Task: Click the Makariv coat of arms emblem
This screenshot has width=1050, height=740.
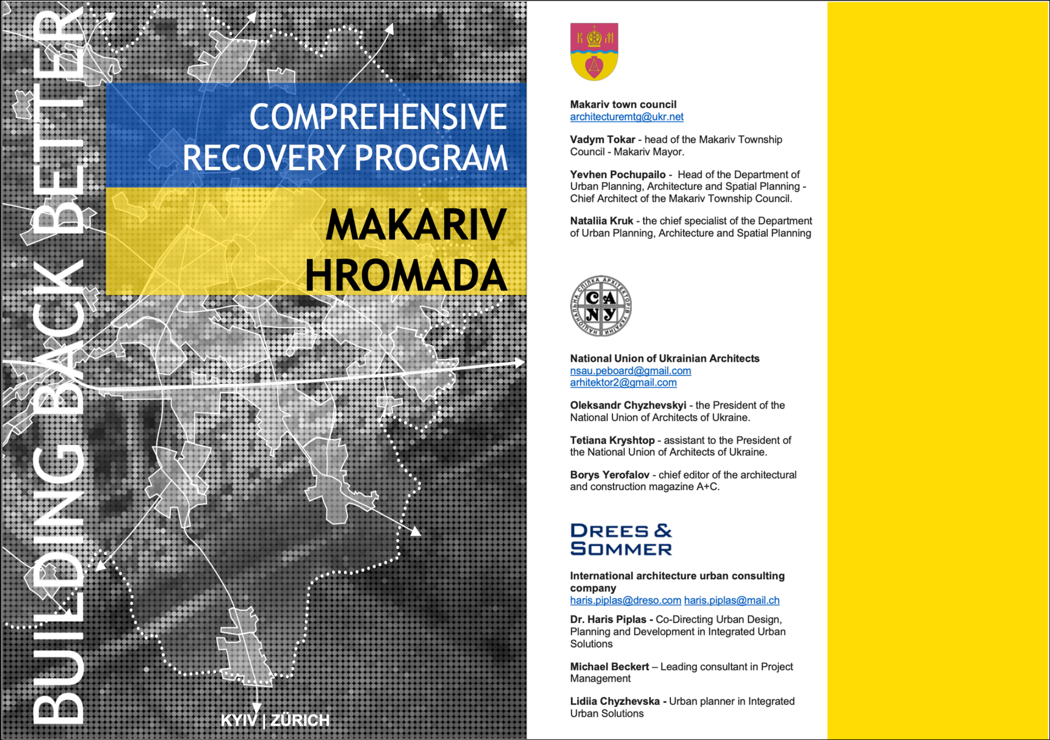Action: coord(594,52)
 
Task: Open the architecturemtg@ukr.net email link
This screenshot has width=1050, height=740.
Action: coord(626,117)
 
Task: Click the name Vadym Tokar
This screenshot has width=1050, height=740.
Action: coord(602,140)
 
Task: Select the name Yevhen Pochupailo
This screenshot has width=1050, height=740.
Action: coord(617,175)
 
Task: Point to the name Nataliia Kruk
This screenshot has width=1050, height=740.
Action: coord(601,221)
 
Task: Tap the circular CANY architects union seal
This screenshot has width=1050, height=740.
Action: coord(600,306)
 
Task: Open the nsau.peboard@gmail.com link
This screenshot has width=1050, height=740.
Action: coord(630,371)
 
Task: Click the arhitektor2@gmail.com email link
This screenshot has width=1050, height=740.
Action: coord(623,383)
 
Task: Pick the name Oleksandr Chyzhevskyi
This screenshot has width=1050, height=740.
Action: coord(628,405)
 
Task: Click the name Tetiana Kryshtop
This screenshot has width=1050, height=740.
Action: coord(612,440)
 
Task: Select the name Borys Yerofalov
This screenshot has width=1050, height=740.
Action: coord(609,475)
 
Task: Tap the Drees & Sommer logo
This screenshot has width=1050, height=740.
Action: coord(621,539)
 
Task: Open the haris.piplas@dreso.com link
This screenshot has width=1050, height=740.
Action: coord(625,601)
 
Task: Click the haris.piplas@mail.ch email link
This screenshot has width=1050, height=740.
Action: coord(731,601)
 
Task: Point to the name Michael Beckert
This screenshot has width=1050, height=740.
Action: coord(609,667)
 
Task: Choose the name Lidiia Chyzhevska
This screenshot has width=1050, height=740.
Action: coord(615,701)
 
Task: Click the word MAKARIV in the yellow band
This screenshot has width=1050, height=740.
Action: coord(416,225)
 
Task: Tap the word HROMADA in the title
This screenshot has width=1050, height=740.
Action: coord(406,275)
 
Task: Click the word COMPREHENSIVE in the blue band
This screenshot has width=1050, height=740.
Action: coord(378,117)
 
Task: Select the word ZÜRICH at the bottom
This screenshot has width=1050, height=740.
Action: coord(300,720)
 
